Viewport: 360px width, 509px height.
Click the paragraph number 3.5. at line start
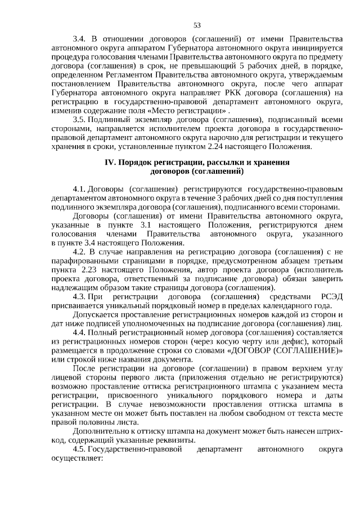(x=81, y=119)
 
